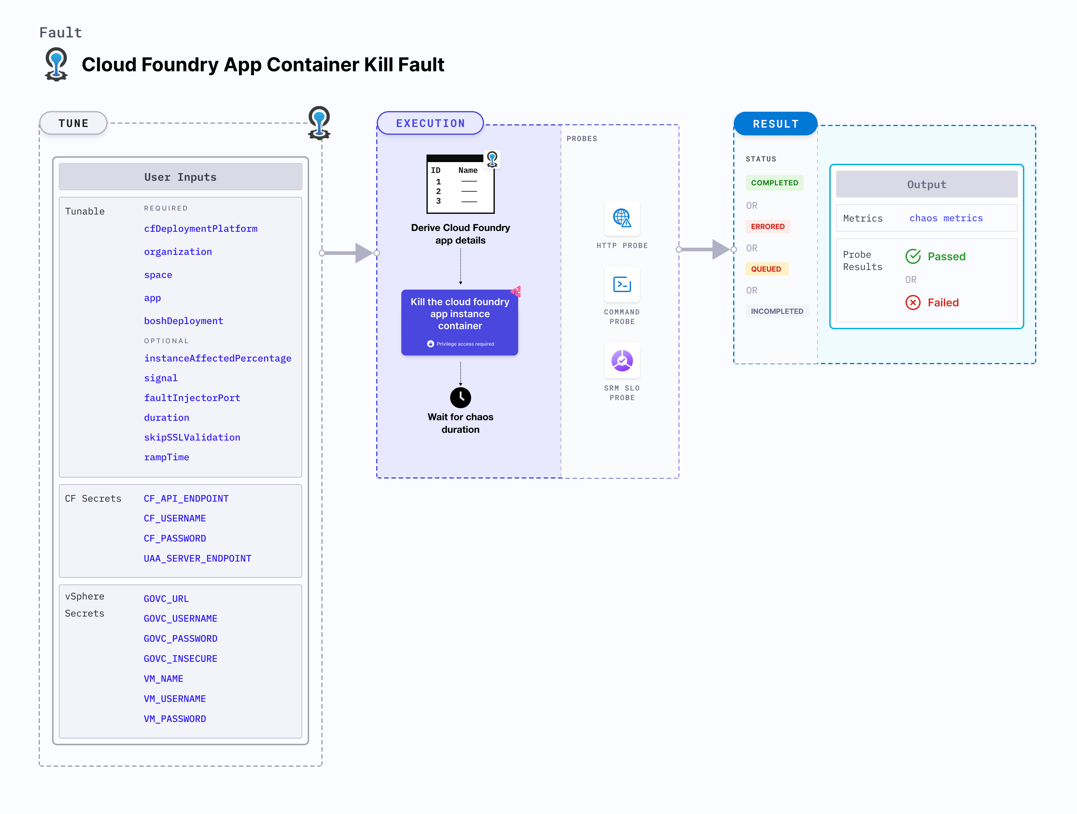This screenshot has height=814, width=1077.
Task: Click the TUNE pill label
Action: [x=73, y=123]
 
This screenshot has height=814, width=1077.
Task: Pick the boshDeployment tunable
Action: [x=184, y=321]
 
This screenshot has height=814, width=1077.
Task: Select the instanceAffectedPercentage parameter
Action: [x=218, y=358]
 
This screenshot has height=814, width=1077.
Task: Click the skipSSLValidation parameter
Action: [x=192, y=437]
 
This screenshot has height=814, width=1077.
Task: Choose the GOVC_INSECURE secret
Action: [x=180, y=659]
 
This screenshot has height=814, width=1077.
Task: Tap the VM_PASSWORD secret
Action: [x=175, y=718]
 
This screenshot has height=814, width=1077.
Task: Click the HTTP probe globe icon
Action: [x=622, y=218]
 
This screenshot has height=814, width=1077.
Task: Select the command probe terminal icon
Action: [x=622, y=284]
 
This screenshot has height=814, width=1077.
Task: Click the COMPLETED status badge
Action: [x=774, y=183]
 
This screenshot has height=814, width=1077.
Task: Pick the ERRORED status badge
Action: [x=767, y=226]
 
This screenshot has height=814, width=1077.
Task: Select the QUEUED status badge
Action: [x=766, y=269]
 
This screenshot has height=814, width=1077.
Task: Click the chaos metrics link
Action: [x=946, y=218]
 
